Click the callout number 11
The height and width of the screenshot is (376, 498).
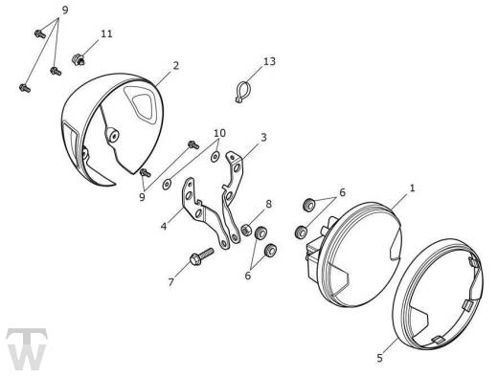point(106,33)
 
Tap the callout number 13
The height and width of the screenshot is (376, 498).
point(269,61)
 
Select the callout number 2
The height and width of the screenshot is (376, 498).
point(176,66)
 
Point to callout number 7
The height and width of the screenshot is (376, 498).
point(171,282)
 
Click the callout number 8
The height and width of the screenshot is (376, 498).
point(268,204)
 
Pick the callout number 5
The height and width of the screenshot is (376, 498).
point(379,358)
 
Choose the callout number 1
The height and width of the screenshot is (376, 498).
point(412,188)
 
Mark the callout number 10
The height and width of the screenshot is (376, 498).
point(219,133)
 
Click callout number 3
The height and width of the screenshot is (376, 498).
point(263,138)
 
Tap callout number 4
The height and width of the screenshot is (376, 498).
point(164,226)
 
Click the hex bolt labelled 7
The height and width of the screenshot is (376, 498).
point(201,256)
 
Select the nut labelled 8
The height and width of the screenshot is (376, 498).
point(246,230)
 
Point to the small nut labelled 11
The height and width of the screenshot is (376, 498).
point(79,59)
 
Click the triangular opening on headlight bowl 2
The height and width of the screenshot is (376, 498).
point(142,105)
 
